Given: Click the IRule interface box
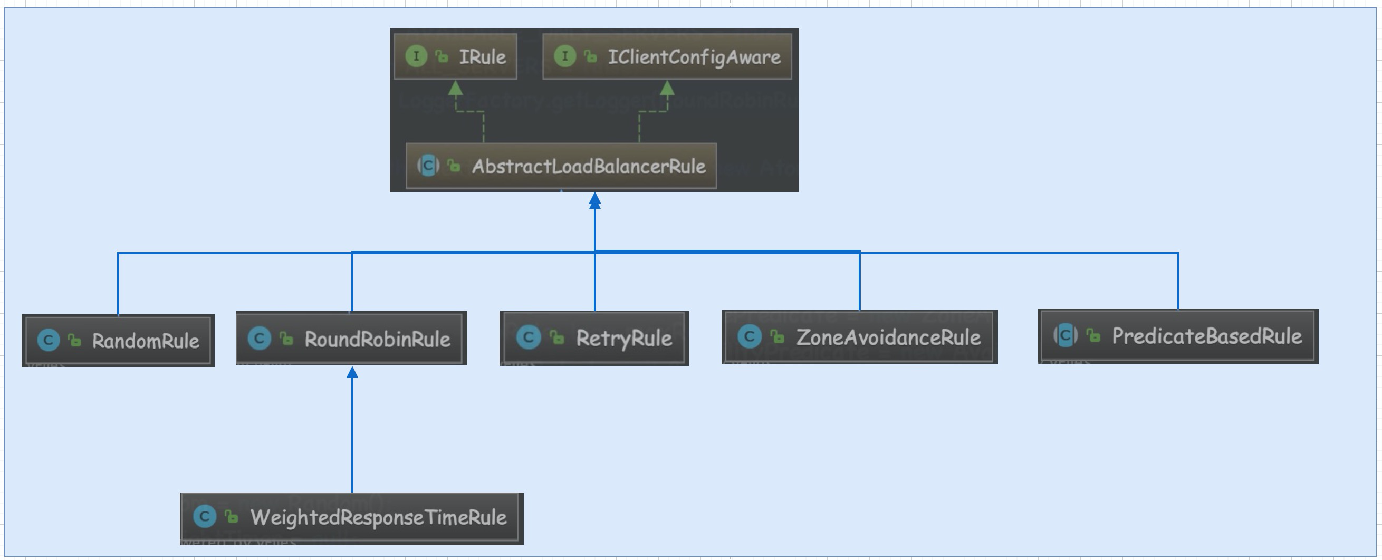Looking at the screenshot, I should point(456,56).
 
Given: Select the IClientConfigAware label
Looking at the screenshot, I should point(694,57).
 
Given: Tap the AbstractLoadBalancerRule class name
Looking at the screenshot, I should point(589,166).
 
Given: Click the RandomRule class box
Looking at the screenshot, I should point(118,341).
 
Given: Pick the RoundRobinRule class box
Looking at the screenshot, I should point(351,339).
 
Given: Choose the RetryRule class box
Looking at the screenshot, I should point(594,339).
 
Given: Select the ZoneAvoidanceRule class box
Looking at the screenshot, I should point(859,337).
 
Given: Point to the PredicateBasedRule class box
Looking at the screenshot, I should point(1178,336).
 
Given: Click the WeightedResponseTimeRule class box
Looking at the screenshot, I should point(351,518).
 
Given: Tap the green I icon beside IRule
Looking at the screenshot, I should point(416,56).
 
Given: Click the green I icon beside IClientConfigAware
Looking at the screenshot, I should point(565,56).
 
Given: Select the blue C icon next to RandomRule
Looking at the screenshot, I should point(49,340).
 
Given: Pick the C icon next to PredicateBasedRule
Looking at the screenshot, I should point(1066,336).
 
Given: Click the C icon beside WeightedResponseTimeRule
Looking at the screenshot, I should point(205,517).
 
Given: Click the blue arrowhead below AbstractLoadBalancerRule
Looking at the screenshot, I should point(594,201).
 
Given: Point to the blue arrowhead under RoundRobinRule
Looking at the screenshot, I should point(352,372).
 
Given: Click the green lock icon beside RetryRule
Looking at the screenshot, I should point(558,337).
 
